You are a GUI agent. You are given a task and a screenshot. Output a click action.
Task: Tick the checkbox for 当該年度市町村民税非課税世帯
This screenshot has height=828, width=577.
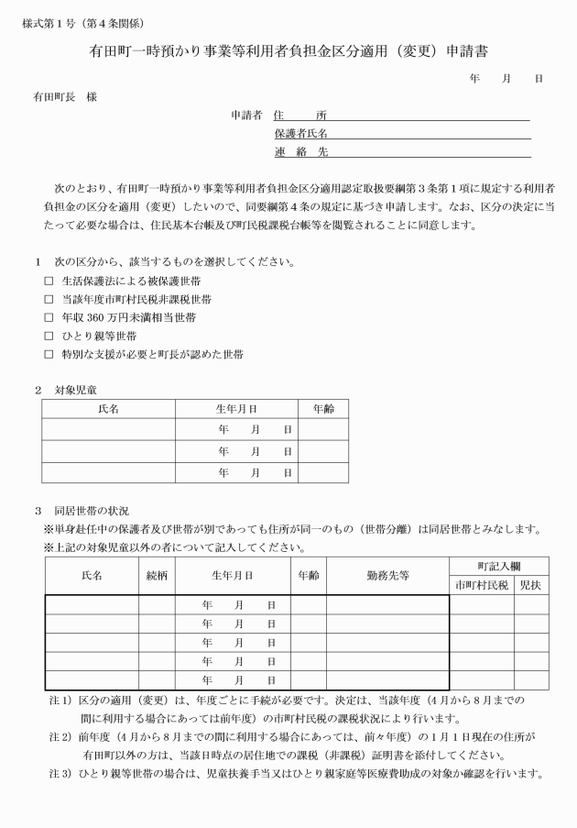coord(49,299)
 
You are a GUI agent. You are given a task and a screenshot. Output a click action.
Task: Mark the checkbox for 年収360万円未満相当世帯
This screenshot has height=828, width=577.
coord(49,317)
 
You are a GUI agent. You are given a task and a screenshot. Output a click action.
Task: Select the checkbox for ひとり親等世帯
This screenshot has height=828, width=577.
coord(49,336)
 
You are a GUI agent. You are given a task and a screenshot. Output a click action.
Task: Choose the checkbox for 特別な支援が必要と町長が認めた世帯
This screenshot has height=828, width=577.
coord(49,354)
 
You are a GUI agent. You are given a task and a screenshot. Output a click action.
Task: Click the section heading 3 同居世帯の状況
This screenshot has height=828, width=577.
coord(82,510)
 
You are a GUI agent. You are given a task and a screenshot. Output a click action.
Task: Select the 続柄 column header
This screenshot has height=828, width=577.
coord(157,576)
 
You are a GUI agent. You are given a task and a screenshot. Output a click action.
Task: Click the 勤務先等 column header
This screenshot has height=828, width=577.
coord(387,576)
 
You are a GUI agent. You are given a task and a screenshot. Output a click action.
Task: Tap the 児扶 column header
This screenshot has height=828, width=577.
coord(530,585)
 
